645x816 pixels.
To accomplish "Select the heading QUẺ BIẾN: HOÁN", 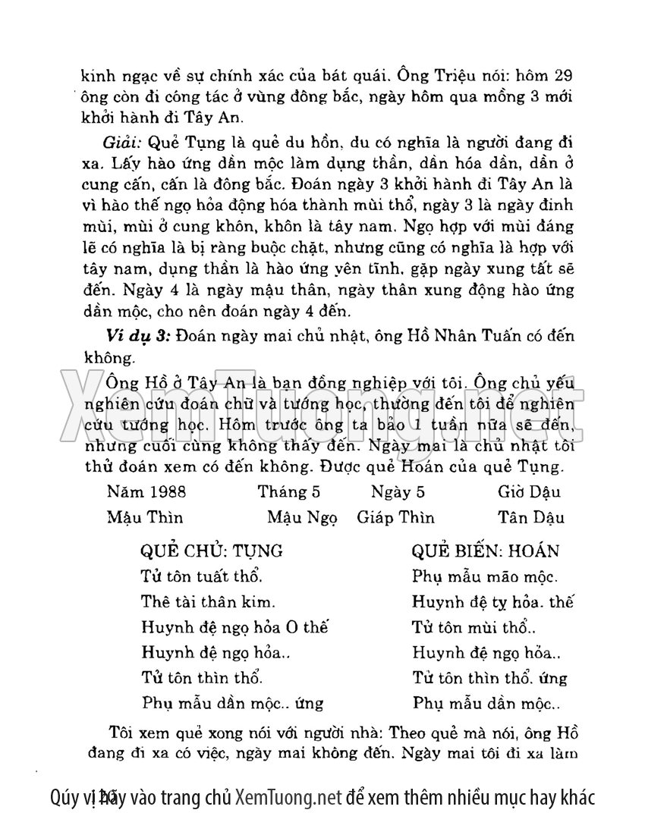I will (x=485, y=550).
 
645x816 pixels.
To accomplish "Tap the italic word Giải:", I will (x=121, y=143).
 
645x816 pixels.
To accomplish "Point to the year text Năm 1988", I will (x=146, y=491).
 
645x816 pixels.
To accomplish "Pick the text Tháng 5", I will (x=288, y=491).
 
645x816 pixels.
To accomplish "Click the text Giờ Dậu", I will (x=530, y=491).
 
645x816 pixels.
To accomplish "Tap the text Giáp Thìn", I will (x=395, y=517).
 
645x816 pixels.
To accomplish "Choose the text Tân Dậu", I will (x=531, y=517).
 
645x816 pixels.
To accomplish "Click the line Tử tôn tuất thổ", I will (x=202, y=576).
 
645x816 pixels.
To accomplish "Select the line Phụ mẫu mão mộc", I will (x=486, y=576).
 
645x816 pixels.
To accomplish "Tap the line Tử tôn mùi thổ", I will (x=474, y=627).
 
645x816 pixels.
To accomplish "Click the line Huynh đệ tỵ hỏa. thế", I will (x=492, y=601).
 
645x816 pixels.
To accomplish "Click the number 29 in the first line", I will (x=563, y=78).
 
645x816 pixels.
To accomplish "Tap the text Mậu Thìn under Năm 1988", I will (x=145, y=517).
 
